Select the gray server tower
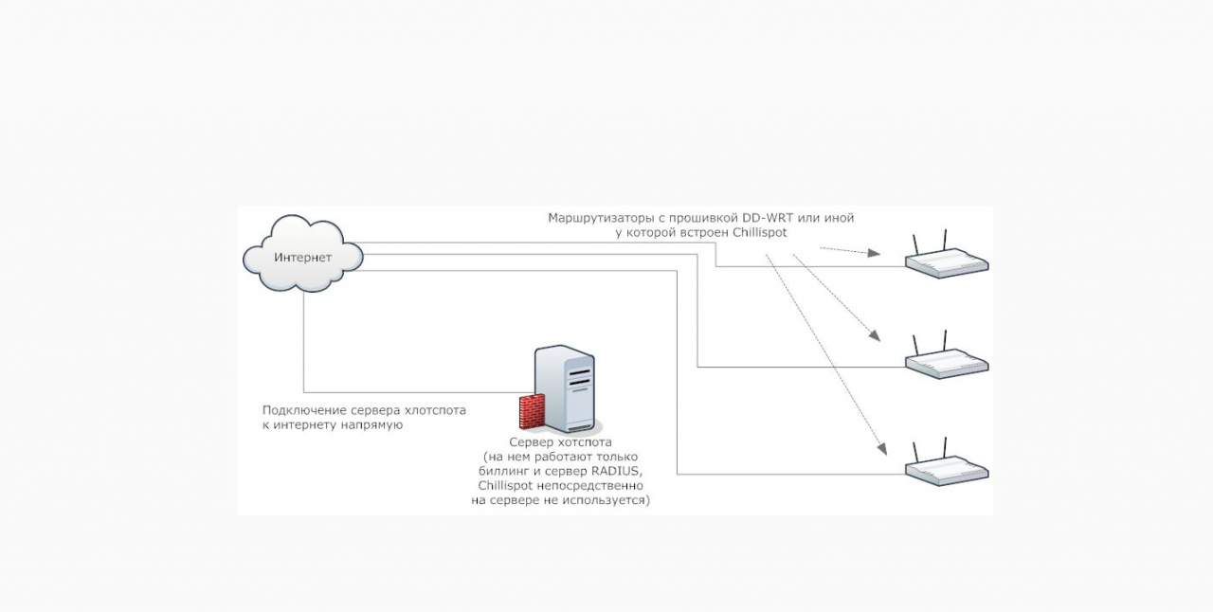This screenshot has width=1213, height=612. point(567,388)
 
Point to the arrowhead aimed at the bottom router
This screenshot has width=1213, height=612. point(881,449)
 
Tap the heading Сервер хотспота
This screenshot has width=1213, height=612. point(560,442)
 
